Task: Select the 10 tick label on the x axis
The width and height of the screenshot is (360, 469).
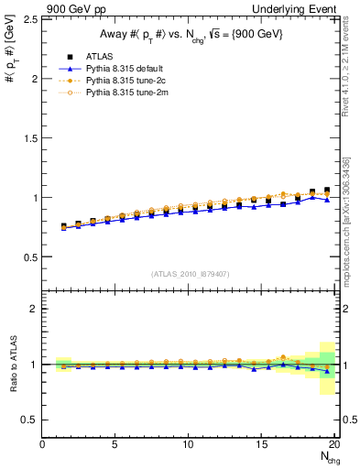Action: click(189, 444)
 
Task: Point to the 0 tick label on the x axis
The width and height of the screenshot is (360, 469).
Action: click(43, 444)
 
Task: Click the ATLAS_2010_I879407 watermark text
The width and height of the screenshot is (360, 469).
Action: click(190, 273)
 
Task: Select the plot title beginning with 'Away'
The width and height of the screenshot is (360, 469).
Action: click(190, 34)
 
